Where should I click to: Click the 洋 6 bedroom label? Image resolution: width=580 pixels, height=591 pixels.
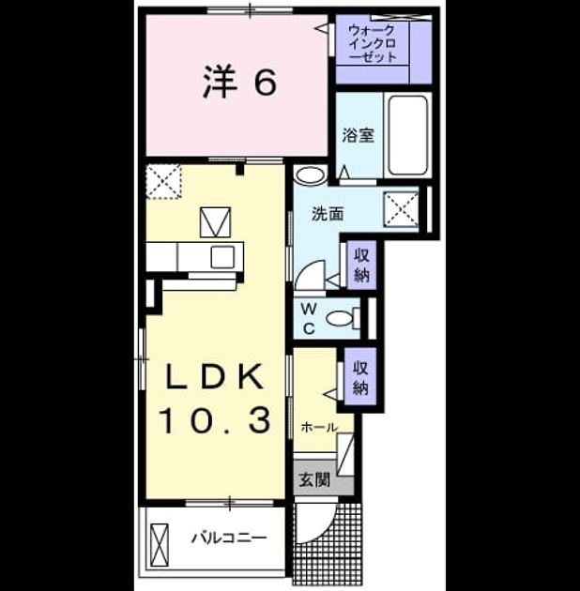pos(239,82)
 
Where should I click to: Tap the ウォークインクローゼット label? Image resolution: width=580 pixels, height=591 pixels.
pos(373,43)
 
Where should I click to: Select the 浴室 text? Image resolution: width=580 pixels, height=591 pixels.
pos(359,136)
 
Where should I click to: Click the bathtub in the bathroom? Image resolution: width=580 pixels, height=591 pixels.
pos(408,135)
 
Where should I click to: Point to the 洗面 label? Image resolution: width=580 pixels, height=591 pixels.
pos(328,214)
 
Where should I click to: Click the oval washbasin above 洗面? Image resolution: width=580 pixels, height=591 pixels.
pos(310,175)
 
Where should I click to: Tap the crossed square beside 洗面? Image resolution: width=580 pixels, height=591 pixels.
pos(401,209)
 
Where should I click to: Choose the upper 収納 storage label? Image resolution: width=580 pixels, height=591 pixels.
pos(361,265)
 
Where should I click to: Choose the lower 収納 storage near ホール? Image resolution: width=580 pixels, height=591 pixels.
pos(360,378)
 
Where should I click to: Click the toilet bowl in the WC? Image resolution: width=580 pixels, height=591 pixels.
pos(338,319)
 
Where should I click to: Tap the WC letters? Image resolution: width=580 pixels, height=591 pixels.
pos(309,319)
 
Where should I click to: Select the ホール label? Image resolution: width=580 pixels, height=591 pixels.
pos(319,428)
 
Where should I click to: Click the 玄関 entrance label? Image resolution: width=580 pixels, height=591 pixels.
pos(314,479)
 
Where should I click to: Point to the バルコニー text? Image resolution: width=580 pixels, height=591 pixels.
pos(229,538)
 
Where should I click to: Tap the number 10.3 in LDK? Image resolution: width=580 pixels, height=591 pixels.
pos(215,419)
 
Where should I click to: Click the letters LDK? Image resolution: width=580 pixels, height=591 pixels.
pos(215,377)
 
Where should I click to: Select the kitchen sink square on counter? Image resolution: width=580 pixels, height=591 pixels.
pos(222,257)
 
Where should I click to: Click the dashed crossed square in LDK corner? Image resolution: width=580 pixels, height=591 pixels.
pos(163,181)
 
